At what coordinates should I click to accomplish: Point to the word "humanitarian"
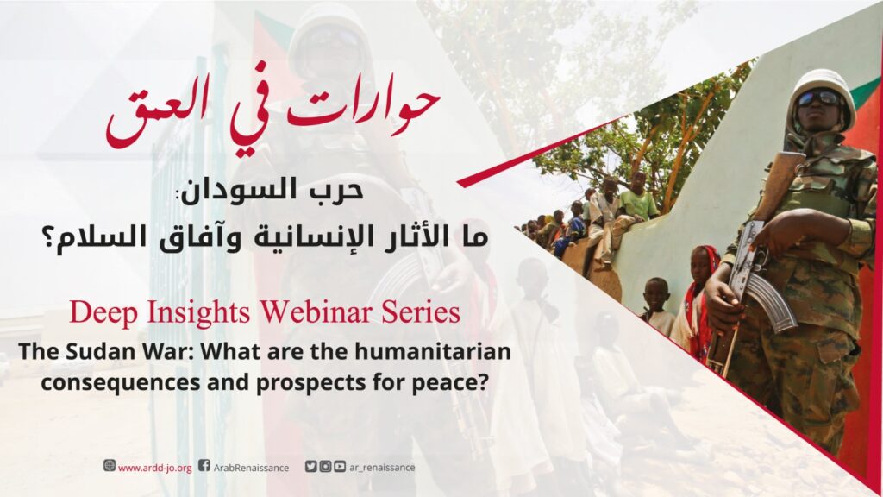433,352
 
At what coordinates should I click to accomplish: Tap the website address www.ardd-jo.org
155,468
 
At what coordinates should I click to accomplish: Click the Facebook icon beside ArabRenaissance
204,466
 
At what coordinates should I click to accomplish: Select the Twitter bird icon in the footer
310,467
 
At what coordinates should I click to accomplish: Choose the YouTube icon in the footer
340,467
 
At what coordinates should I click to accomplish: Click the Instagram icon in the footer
325,467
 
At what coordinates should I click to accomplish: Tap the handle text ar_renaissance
382,468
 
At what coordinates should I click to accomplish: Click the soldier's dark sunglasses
819,98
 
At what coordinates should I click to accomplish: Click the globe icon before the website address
110,465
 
